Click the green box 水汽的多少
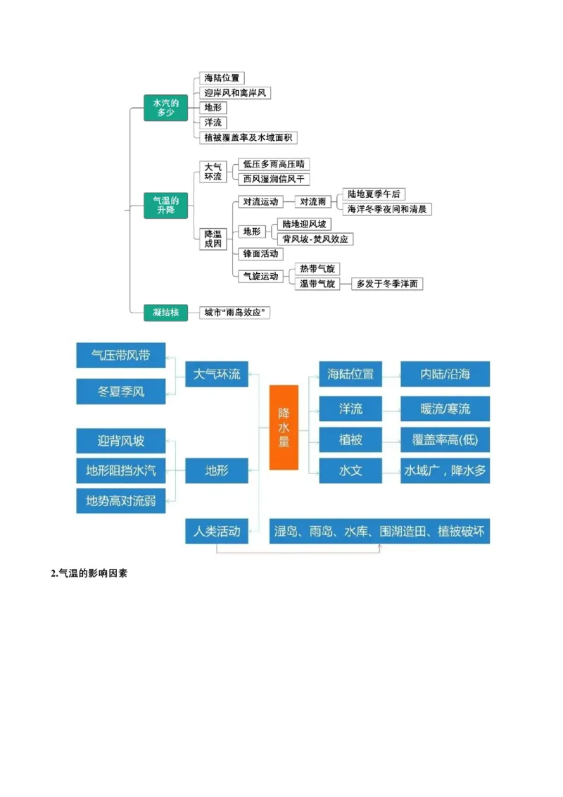click(x=165, y=108)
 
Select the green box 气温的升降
click(x=165, y=206)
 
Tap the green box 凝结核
click(x=165, y=312)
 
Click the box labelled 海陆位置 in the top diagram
click(x=222, y=77)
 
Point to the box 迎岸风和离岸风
click(x=235, y=93)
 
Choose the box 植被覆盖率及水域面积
click(x=250, y=137)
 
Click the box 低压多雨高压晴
click(x=274, y=164)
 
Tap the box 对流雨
click(x=313, y=201)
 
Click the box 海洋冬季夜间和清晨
click(x=387, y=209)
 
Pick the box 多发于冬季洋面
click(x=387, y=284)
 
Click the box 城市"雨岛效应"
click(x=235, y=312)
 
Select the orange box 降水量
click(x=284, y=427)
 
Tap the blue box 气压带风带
click(x=121, y=356)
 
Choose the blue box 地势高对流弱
click(x=121, y=501)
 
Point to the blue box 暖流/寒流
click(x=445, y=408)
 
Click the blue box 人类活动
click(x=217, y=532)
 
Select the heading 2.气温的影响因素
click(x=89, y=574)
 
